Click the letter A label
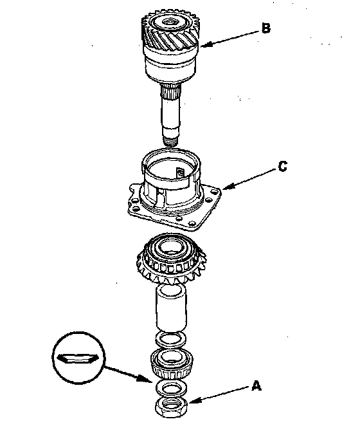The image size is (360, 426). pos(256,386)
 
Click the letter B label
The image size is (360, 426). pos(266,28)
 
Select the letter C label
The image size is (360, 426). pos(283,167)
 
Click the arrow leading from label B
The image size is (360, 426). pos(230,39)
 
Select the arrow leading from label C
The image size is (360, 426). pos(249,179)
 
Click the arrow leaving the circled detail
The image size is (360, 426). pos(127,374)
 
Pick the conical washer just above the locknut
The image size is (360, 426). pos(171,387)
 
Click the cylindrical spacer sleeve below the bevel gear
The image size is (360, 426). pos(171,308)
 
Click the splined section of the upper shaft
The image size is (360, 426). pos(170,91)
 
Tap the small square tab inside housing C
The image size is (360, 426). pos(180,172)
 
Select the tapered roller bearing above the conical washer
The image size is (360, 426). pos(172,364)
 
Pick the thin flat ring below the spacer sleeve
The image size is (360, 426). pos(171,339)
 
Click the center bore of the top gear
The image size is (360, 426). pos(170,22)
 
